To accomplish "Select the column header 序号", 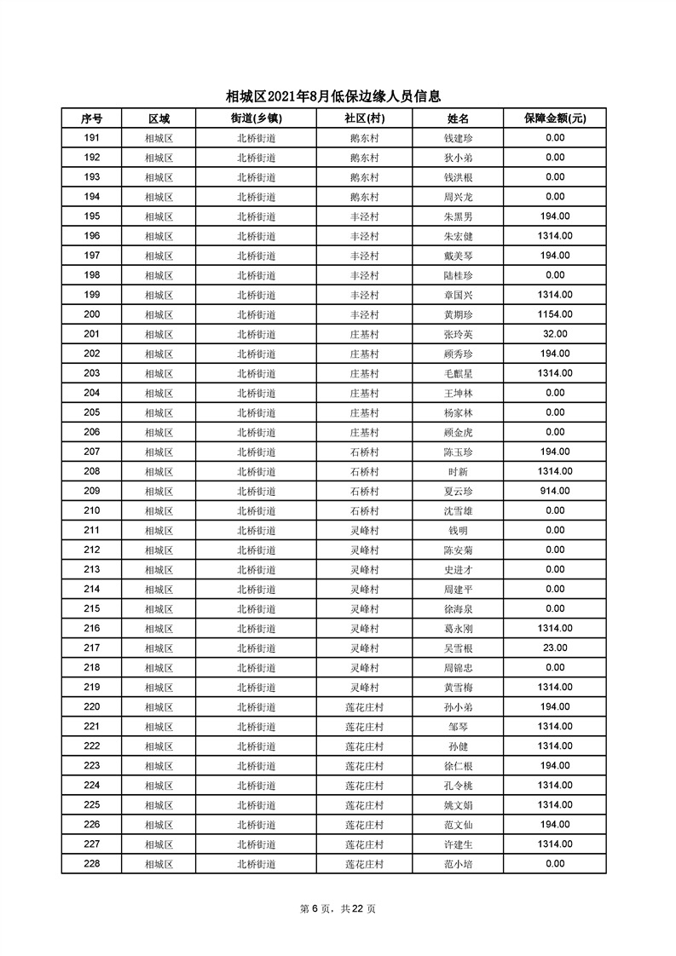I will click(91, 118).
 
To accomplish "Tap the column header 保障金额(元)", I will click(555, 118).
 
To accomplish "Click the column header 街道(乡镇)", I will click(256, 118).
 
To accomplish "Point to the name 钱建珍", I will click(459, 138).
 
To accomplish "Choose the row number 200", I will click(92, 314).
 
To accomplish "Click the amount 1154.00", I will click(555, 314).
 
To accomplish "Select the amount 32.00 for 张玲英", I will click(555, 334).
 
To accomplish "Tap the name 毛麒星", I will click(459, 373).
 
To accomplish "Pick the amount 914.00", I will click(555, 491).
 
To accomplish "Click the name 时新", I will click(459, 471).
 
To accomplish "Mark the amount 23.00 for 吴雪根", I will click(555, 648).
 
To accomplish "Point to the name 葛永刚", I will click(459, 628).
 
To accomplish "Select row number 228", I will click(92, 863).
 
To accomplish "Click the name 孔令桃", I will click(459, 785).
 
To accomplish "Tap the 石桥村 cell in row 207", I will click(364, 452).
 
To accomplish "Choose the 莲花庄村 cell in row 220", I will click(364, 706).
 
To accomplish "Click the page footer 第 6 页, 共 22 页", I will click(338, 908).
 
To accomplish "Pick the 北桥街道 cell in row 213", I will click(256, 569).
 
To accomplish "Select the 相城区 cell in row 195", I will click(159, 216).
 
